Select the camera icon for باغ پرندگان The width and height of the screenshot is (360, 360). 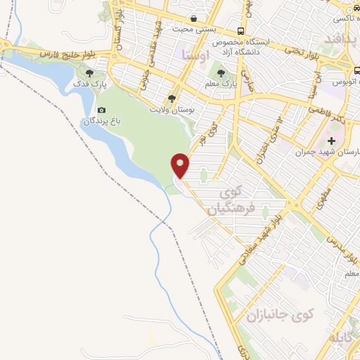[x=102, y=110]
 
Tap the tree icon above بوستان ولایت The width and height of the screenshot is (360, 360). [x=172, y=98]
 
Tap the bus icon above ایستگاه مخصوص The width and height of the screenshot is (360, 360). [x=241, y=32]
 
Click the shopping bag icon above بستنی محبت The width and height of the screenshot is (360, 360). [x=193, y=19]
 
